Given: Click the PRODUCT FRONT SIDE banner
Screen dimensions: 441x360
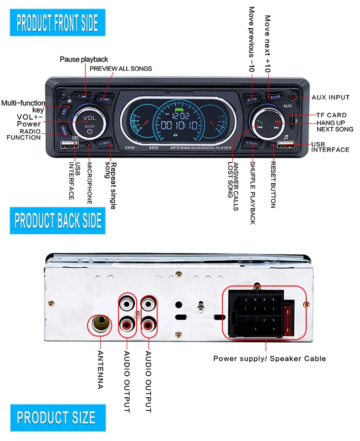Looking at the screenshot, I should (x=57, y=23).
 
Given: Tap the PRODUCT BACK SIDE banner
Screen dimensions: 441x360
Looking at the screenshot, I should (x=58, y=220).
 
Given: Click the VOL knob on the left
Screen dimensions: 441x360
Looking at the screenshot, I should (x=89, y=123).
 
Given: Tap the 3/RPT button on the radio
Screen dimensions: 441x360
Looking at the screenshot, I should (x=105, y=143).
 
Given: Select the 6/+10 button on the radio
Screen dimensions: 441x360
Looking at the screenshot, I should (x=275, y=97).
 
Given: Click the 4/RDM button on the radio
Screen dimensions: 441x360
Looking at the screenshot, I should (x=252, y=143).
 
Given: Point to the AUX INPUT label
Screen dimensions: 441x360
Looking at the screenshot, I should (x=331, y=97).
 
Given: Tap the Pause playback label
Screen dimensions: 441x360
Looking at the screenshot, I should (x=84, y=60).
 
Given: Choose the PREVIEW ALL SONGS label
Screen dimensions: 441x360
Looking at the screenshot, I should (x=121, y=69).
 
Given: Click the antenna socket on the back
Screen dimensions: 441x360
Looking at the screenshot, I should (x=101, y=326).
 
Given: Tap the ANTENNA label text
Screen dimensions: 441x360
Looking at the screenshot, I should (x=100, y=370).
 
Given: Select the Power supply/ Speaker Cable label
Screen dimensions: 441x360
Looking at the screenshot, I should (x=269, y=358).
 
